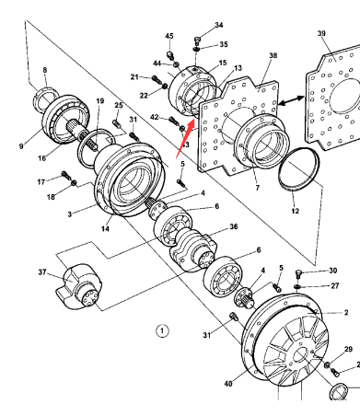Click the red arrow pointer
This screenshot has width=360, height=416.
point(185,138)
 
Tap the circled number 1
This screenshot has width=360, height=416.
point(162,330)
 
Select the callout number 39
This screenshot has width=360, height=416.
point(321,33)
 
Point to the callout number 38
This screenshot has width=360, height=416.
point(273,55)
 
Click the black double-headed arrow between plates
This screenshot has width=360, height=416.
point(291,100)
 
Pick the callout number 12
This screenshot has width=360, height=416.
point(295,211)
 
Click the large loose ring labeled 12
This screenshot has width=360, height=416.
point(299,169)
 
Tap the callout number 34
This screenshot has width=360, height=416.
point(219,25)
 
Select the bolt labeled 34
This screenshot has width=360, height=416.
point(197,40)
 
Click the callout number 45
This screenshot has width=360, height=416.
point(169,36)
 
